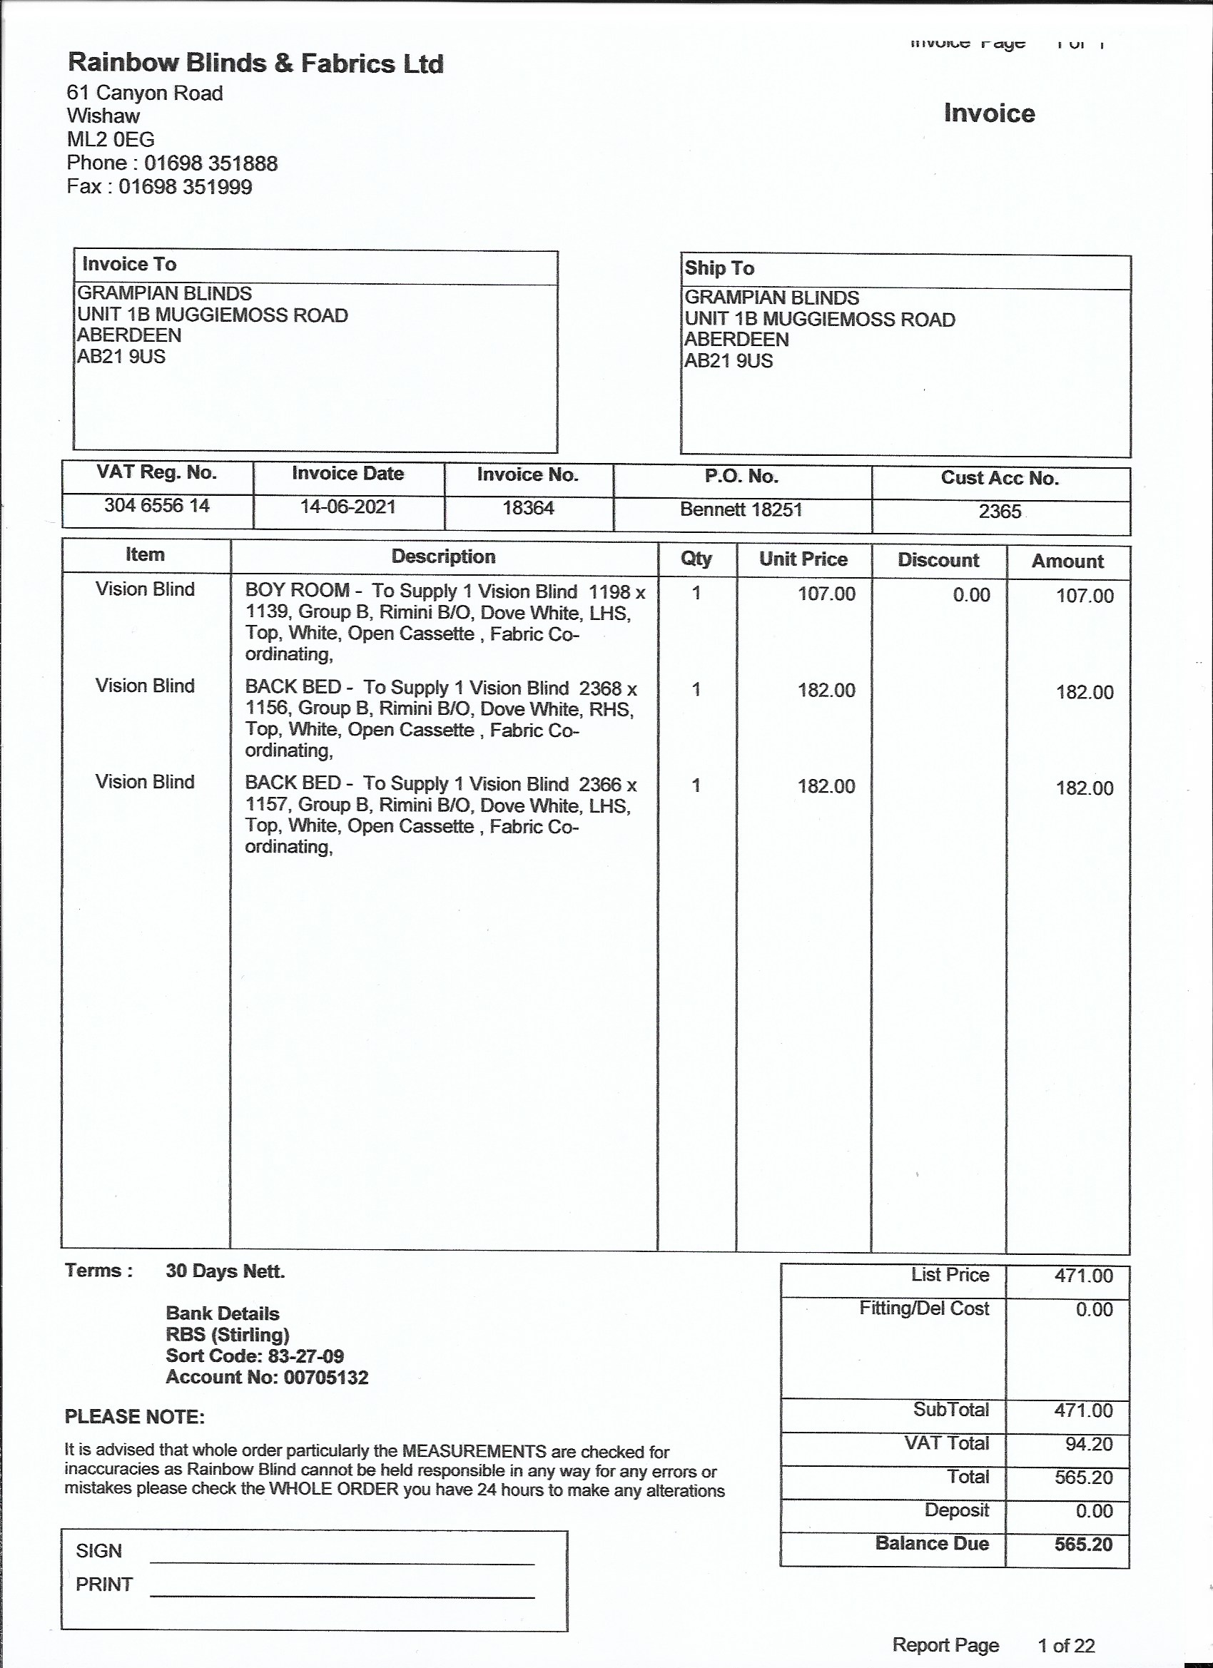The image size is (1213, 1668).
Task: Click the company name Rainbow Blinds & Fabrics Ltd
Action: (x=255, y=63)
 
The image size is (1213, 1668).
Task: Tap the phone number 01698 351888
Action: (x=210, y=163)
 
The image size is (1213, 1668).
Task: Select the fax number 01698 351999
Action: (x=186, y=187)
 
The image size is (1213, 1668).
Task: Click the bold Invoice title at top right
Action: (x=989, y=113)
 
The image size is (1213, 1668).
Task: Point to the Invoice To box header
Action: (x=129, y=264)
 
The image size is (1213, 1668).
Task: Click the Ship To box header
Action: (x=719, y=268)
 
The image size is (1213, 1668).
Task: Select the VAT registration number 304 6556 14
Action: (x=157, y=506)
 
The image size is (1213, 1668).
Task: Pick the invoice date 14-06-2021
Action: (x=348, y=507)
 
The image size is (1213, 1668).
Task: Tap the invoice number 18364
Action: (x=528, y=508)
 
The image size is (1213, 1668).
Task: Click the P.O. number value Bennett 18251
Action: (x=741, y=509)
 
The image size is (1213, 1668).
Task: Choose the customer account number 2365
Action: (x=1000, y=511)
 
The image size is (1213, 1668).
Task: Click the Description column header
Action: (x=443, y=556)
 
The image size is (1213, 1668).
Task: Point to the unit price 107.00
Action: (x=827, y=594)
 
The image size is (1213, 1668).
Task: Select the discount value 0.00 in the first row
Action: (x=971, y=595)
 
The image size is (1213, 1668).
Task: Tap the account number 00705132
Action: (x=326, y=1378)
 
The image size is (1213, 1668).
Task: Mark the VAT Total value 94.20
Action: (x=1089, y=1444)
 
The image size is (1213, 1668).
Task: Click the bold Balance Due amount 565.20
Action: (x=1083, y=1544)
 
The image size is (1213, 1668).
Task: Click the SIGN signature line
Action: (x=342, y=1562)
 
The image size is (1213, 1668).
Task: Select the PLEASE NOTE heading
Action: (x=135, y=1417)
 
